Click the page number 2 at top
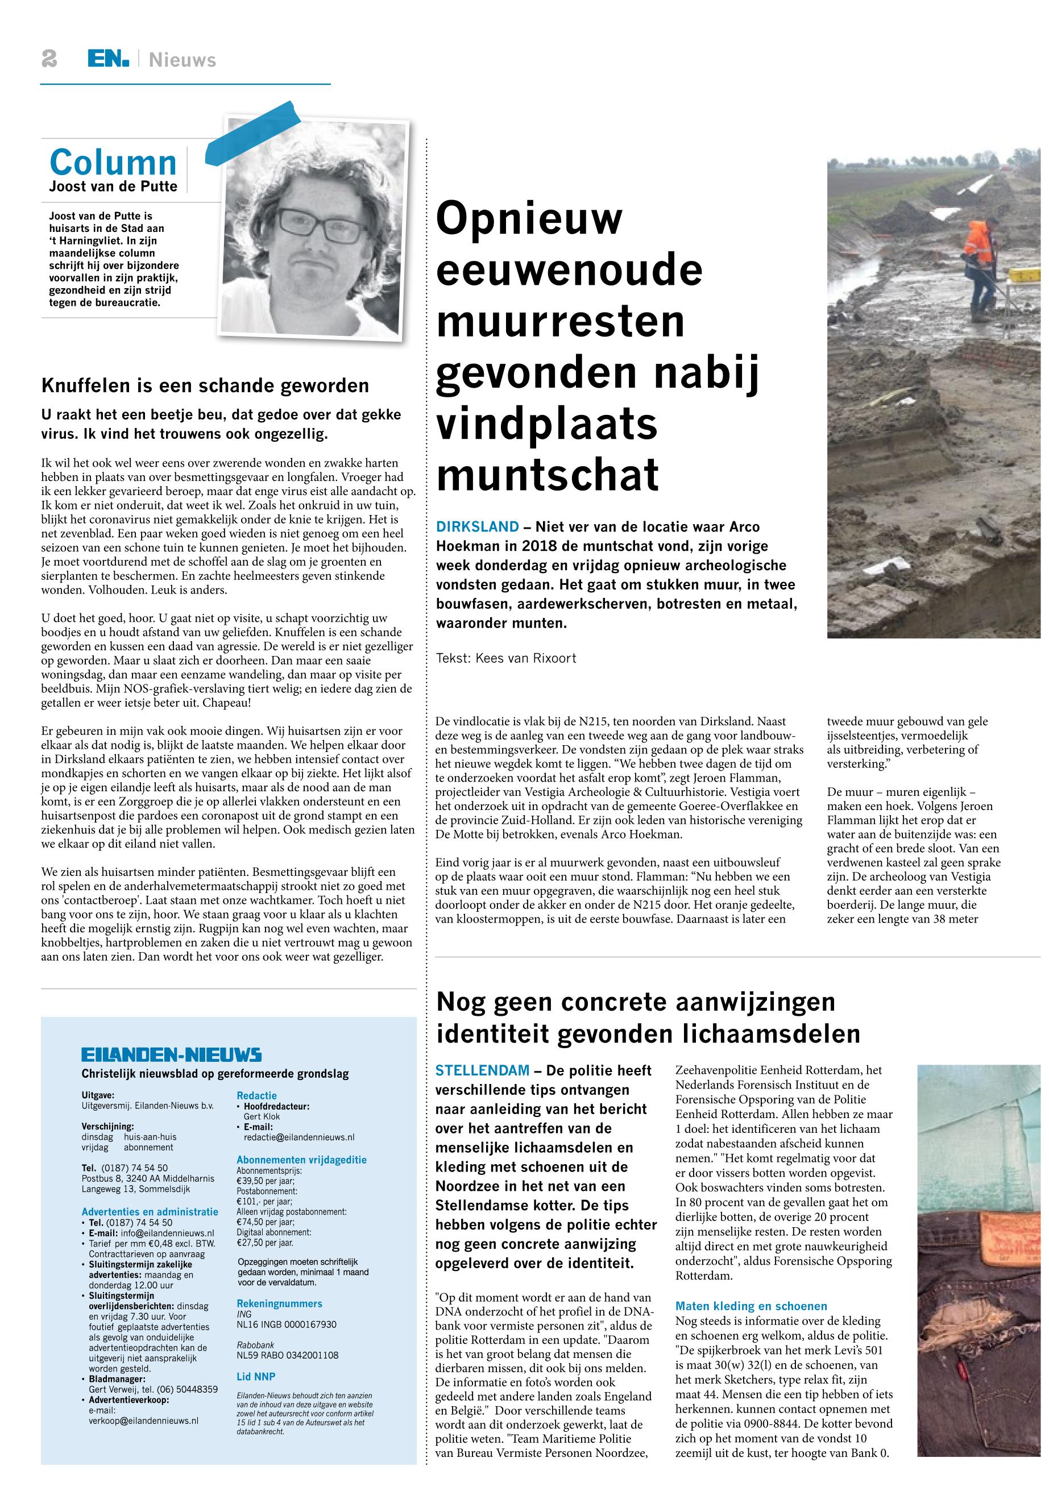point(49,60)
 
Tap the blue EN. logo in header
point(109,60)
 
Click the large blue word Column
point(113,163)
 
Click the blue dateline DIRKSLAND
point(477,526)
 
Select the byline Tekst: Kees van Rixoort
point(505,658)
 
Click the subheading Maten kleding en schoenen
point(751,1306)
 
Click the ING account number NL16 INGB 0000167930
point(287,1324)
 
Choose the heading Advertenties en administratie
point(150,1212)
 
